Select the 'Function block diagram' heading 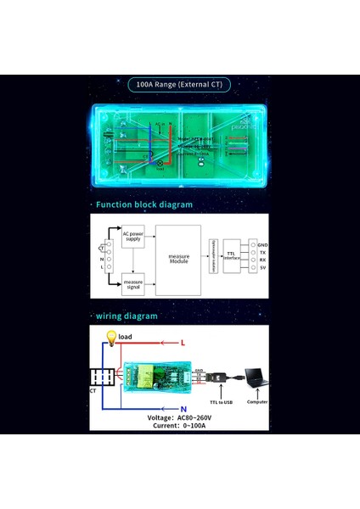point(143,204)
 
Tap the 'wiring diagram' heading point(127,316)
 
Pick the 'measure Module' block point(178,259)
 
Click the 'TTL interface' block point(233,254)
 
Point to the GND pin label point(262,242)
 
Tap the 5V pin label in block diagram point(262,268)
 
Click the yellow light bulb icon point(109,338)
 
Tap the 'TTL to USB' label point(221,402)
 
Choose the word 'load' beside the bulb point(125,337)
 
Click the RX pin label point(262,260)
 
